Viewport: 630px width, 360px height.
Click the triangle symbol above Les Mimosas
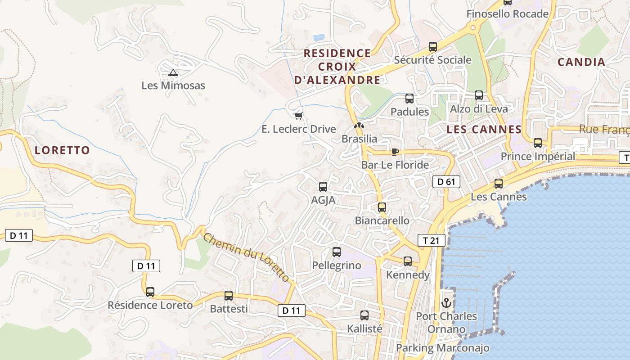[x=173, y=72]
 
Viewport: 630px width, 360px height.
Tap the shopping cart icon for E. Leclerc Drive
[x=298, y=116]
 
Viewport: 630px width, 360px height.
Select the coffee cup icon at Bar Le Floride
[x=395, y=152]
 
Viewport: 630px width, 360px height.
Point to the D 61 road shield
[x=446, y=182]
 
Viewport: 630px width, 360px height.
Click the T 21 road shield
[x=431, y=240]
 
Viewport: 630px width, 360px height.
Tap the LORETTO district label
[x=62, y=150]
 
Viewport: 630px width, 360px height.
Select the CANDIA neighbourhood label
[x=581, y=62]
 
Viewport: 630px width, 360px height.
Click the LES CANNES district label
[x=484, y=130]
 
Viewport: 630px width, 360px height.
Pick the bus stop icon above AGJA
[x=323, y=187]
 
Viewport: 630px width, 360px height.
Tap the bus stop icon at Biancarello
[x=382, y=207]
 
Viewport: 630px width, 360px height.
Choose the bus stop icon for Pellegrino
[x=336, y=252]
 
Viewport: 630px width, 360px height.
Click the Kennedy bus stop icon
[x=407, y=261]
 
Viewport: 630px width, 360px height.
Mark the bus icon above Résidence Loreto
[x=150, y=292]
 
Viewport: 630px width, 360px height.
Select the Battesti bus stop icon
[x=229, y=296]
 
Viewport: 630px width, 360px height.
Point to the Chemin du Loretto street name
[x=246, y=257]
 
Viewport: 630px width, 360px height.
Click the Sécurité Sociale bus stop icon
[x=432, y=46]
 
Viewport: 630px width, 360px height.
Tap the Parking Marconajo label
[x=442, y=348]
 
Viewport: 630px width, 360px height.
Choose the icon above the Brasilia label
[x=359, y=126]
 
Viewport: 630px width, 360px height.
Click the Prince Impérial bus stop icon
[x=537, y=143]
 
